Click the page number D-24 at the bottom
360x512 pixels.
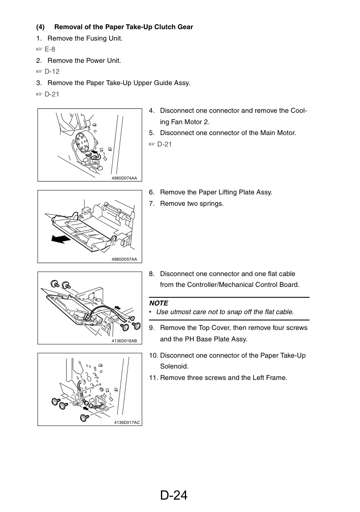174,495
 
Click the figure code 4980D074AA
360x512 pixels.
124,178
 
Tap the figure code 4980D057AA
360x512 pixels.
124,260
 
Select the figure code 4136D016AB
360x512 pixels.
124,341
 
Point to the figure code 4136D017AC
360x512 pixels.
127,422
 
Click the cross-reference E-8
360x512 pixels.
50,49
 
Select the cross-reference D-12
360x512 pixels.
52,72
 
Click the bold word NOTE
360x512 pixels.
159,303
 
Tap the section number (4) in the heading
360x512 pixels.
40,27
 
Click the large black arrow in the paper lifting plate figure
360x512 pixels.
61,239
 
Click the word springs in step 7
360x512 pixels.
211,204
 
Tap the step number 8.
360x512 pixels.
152,274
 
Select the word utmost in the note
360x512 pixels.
180,312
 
